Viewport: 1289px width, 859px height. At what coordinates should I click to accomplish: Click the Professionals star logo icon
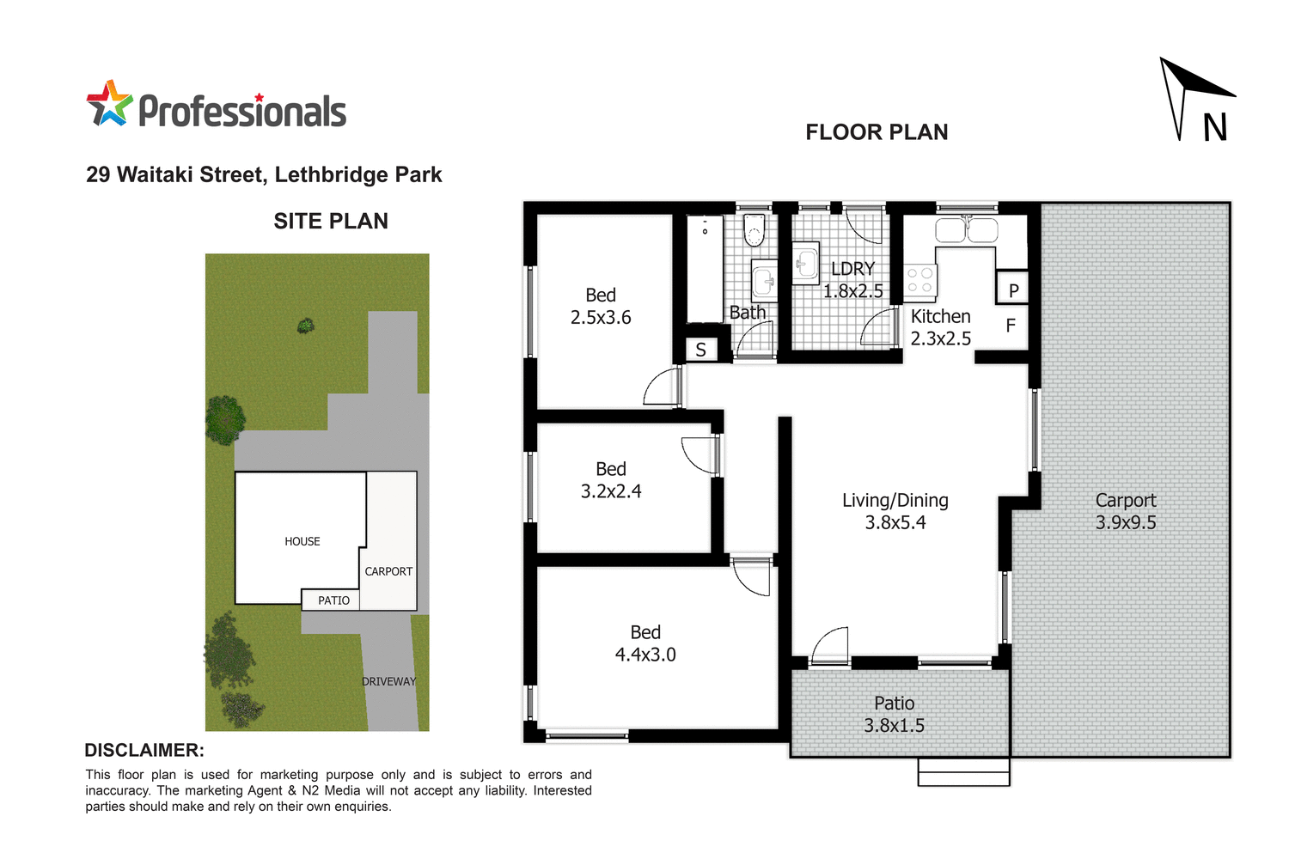(x=109, y=104)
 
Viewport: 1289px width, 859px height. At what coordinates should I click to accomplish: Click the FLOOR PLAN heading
(x=877, y=132)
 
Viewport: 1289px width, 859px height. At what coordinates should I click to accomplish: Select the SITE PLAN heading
(x=331, y=222)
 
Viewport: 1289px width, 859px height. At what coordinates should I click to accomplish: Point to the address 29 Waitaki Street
(x=264, y=175)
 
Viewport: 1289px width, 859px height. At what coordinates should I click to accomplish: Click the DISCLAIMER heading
(x=144, y=750)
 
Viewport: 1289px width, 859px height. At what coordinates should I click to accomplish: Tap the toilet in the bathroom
(x=754, y=229)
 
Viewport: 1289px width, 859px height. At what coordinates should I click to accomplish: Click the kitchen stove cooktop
(x=919, y=280)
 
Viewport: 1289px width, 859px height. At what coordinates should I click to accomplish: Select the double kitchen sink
(x=966, y=230)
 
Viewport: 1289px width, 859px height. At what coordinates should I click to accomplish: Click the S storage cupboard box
(x=701, y=350)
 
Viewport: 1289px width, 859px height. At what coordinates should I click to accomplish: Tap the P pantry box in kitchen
(x=1013, y=289)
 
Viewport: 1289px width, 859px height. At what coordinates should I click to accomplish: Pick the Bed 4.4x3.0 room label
(x=645, y=643)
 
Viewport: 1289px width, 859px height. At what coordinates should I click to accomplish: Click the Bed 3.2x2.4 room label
(x=611, y=480)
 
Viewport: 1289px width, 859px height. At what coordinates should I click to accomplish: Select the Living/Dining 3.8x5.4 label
(x=895, y=511)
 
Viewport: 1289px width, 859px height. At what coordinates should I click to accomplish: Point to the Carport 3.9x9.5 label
(x=1126, y=511)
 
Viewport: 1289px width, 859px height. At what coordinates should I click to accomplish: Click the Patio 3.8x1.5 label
(x=895, y=714)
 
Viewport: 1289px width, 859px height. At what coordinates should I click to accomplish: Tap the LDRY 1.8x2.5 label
(x=852, y=280)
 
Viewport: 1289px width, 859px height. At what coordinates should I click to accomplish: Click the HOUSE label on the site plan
(x=302, y=541)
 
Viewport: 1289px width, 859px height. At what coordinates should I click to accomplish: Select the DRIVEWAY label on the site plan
(x=388, y=681)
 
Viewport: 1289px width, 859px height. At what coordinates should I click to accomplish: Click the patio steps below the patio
(x=963, y=772)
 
